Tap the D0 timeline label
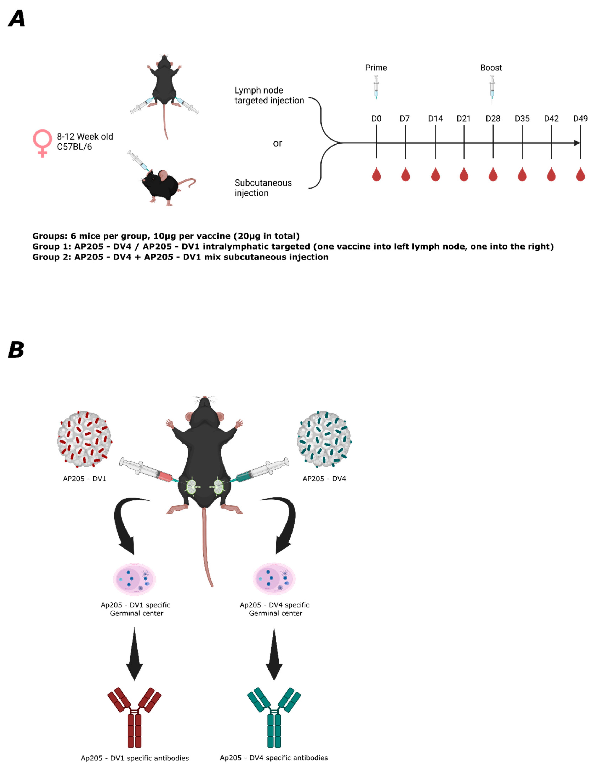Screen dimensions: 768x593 376,119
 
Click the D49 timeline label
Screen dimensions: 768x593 580,119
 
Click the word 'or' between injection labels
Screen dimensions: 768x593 277,143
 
